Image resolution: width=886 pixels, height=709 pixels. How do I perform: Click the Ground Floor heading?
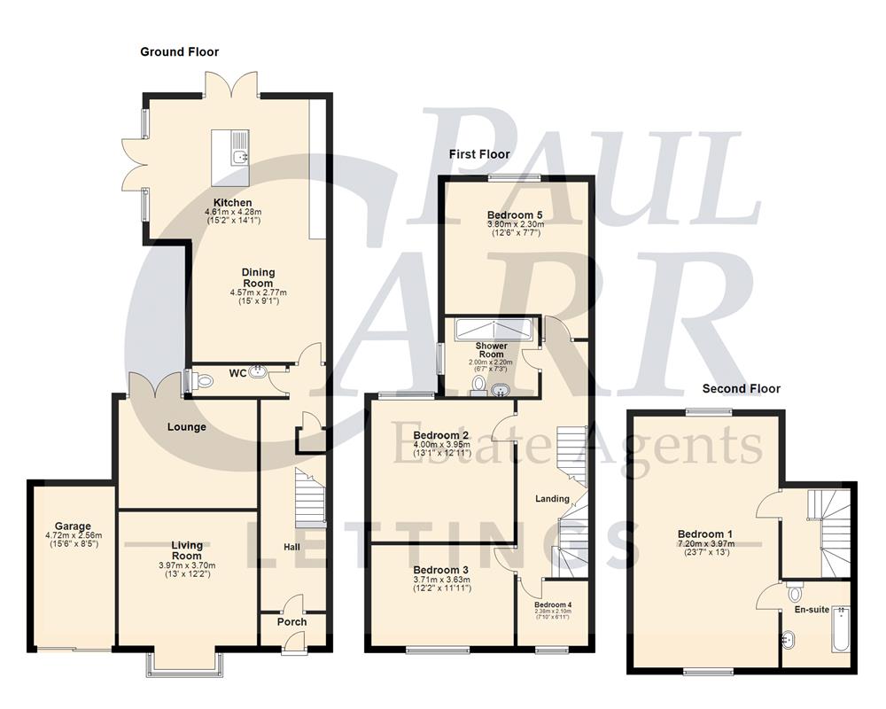click(179, 52)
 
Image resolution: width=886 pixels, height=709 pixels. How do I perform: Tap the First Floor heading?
click(479, 154)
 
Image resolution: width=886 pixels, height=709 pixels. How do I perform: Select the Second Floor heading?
click(741, 388)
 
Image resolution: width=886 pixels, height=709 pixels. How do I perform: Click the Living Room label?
click(187, 550)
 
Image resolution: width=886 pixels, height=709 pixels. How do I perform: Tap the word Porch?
click(291, 622)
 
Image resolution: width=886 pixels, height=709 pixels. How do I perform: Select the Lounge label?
click(186, 427)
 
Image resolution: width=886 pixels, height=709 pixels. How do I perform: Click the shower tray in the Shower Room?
click(494, 330)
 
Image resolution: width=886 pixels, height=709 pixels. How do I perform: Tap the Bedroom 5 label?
click(515, 215)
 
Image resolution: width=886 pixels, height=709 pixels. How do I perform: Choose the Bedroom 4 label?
click(552, 605)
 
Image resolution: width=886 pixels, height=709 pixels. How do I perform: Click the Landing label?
click(552, 499)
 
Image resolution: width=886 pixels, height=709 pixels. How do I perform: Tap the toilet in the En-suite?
click(794, 592)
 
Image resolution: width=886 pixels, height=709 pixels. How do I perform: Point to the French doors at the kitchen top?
click(232, 85)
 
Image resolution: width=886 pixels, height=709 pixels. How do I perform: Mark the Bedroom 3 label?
click(440, 570)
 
